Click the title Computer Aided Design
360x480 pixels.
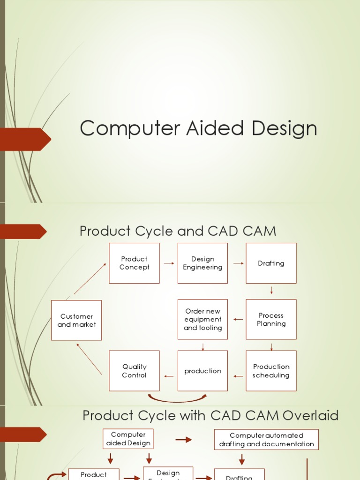tap(198, 128)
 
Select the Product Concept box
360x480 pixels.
tap(134, 263)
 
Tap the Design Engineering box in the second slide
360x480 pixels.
tap(202, 263)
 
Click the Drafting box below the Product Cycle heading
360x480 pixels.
tap(271, 263)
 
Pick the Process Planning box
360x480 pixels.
tap(271, 319)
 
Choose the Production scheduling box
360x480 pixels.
tap(271, 371)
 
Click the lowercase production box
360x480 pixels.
tap(202, 371)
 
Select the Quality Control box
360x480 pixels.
tap(134, 371)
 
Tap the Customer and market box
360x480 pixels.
tap(76, 320)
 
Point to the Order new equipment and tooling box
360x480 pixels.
tap(202, 319)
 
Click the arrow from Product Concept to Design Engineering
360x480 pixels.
tap(169, 263)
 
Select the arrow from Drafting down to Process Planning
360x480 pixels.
tap(271, 291)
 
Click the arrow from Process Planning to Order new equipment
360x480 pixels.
tap(238, 320)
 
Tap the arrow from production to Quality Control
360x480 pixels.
tap(169, 376)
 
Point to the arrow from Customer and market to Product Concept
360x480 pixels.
tap(90, 279)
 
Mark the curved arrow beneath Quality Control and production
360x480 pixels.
tap(177, 399)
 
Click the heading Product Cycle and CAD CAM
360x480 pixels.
tap(178, 231)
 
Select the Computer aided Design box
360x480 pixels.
tap(128, 439)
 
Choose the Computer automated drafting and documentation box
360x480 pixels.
tap(266, 440)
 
